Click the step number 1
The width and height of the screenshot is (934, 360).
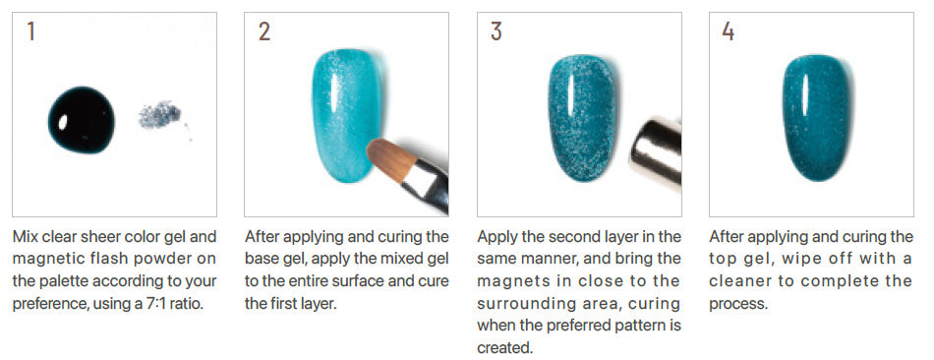click(x=31, y=31)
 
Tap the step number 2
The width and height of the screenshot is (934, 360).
click(x=264, y=31)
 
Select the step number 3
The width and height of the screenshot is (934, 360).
click(x=496, y=31)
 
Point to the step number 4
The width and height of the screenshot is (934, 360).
click(x=729, y=31)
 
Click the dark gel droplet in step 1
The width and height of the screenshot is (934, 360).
click(x=81, y=120)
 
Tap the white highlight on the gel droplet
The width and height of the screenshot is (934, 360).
click(x=64, y=123)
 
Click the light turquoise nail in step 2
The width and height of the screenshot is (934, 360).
click(x=347, y=114)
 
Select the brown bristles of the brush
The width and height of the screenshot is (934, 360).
click(x=390, y=157)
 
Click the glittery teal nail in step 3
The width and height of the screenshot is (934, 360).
click(x=581, y=117)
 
